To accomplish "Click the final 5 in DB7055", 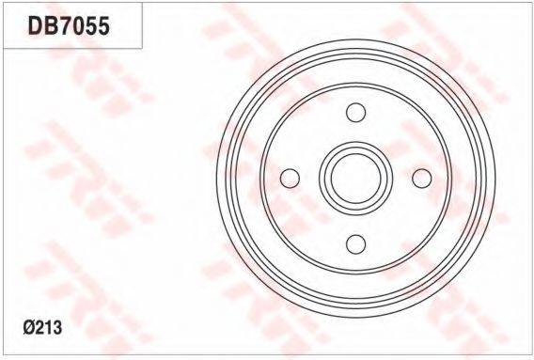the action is [103, 26].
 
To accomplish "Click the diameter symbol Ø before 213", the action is [29, 328].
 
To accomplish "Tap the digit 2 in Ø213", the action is [39, 328].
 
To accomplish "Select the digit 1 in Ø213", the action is [48, 328].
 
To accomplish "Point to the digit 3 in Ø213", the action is [57, 328].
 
